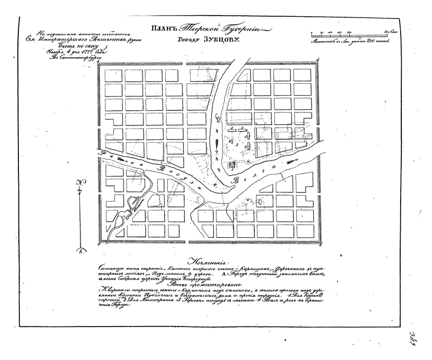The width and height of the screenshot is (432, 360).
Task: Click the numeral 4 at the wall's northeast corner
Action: [319, 61]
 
